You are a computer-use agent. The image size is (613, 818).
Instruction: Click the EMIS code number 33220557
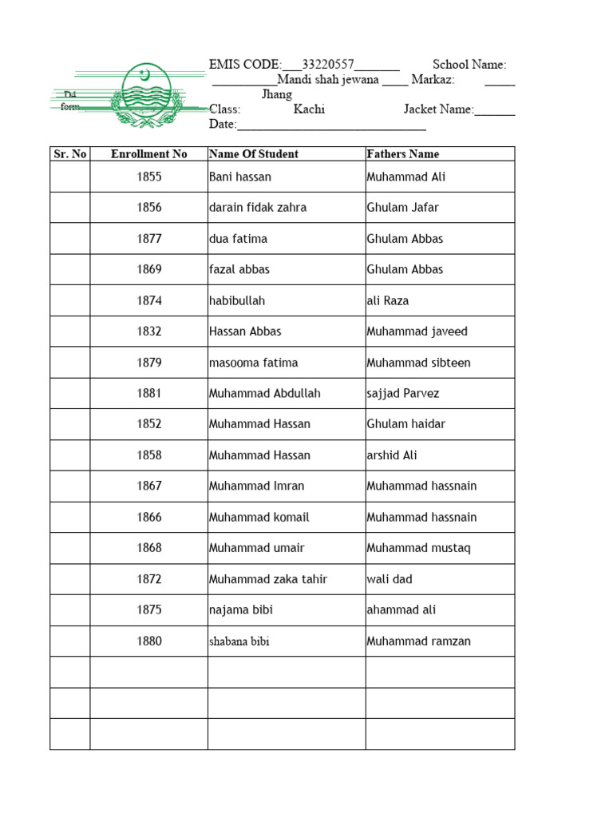tap(328, 65)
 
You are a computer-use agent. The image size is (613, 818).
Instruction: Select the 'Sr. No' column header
tap(69, 154)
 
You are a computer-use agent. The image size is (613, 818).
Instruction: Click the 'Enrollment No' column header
tap(148, 154)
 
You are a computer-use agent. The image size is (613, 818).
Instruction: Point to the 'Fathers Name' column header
tap(402, 154)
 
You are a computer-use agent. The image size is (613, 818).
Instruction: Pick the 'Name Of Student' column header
tap(253, 154)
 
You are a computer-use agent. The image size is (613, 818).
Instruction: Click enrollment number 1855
tap(148, 177)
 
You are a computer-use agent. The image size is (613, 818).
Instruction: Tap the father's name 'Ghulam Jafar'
tap(402, 208)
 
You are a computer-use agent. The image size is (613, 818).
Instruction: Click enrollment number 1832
tap(148, 332)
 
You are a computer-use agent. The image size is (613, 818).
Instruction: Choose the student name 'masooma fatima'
tap(253, 363)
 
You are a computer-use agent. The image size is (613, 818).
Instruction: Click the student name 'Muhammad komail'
tap(259, 518)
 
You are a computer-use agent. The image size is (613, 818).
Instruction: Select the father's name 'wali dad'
tap(390, 579)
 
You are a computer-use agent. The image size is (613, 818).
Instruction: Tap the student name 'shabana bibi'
tap(239, 641)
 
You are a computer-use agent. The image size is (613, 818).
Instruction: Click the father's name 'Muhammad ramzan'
tap(418, 641)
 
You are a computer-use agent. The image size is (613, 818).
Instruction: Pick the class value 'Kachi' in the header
tap(309, 109)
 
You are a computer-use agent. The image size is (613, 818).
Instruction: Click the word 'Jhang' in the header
tap(277, 94)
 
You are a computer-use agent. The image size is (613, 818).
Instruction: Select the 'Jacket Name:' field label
tap(438, 109)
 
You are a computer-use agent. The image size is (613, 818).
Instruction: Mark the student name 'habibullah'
tap(236, 301)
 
